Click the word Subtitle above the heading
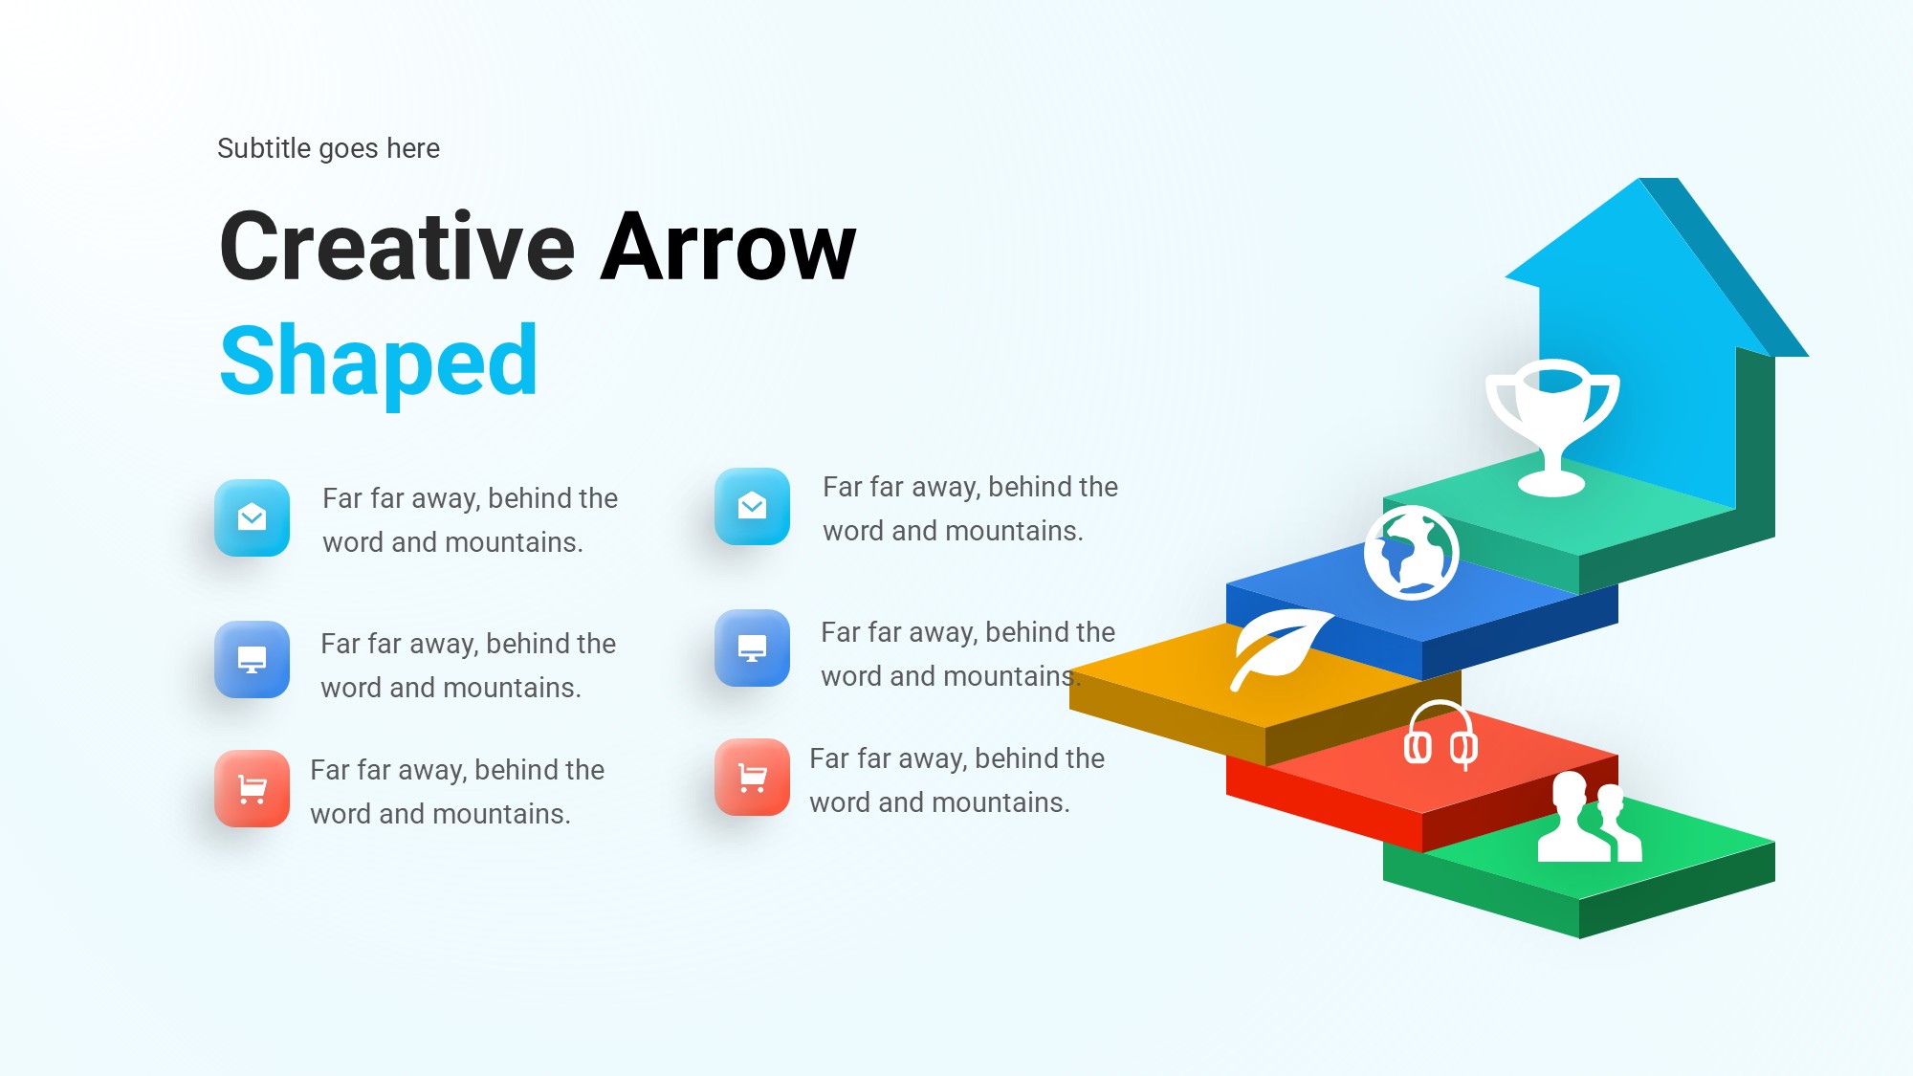(x=264, y=148)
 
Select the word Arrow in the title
(x=728, y=247)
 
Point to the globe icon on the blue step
(x=1411, y=553)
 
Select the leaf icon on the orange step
(x=1280, y=648)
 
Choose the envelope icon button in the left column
(x=253, y=517)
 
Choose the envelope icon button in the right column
(x=753, y=506)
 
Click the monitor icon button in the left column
(x=253, y=659)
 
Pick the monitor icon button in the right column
(x=753, y=648)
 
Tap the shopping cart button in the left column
(x=253, y=788)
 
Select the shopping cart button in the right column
(x=753, y=777)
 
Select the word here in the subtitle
(x=413, y=148)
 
